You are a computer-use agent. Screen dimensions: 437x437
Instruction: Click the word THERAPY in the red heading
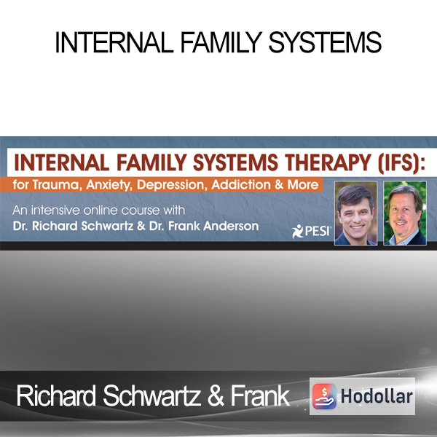point(328,162)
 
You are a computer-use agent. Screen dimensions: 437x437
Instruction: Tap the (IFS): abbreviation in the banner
point(401,163)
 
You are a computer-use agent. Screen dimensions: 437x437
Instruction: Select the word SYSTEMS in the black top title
point(325,42)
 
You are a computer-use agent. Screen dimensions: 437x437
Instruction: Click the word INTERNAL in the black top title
point(114,42)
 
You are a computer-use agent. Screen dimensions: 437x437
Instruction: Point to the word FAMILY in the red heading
point(151,162)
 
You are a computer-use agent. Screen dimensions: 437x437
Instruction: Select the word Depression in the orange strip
point(172,186)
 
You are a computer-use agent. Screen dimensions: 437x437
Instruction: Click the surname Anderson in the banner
point(231,226)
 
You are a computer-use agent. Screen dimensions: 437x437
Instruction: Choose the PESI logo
point(311,232)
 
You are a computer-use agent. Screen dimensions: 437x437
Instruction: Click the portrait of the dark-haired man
point(355,213)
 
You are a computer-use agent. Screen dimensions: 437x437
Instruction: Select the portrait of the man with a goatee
point(405,213)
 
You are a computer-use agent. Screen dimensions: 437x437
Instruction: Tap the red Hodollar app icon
point(324,396)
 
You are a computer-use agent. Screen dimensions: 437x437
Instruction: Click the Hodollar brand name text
point(377,396)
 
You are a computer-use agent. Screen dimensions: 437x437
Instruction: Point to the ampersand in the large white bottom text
point(216,396)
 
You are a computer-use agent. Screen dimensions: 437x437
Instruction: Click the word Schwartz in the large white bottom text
point(152,395)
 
